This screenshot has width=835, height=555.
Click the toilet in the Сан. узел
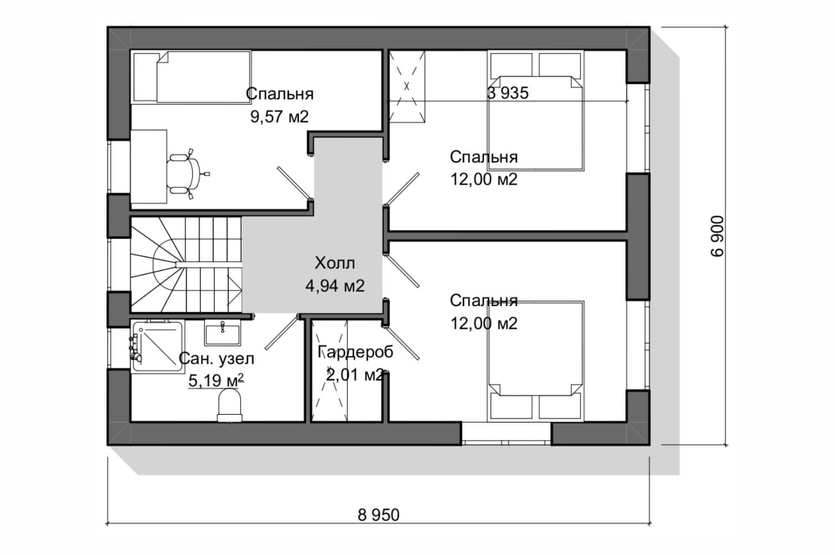(x=229, y=405)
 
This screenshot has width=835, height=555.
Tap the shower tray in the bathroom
(x=158, y=347)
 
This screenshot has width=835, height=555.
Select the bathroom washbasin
(x=222, y=333)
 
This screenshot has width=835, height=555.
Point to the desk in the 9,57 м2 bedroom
(x=149, y=167)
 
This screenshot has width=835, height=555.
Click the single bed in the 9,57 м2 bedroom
(x=192, y=77)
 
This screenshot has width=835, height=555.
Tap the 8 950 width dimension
(x=378, y=515)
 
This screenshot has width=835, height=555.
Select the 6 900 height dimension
(x=717, y=236)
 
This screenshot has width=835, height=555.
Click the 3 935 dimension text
(x=508, y=93)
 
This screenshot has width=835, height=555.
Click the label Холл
(x=335, y=263)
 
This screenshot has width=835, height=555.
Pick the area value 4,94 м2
(x=335, y=286)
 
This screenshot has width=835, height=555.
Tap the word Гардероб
(x=355, y=352)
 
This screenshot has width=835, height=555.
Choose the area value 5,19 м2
(x=216, y=380)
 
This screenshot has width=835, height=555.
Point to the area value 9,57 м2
(x=279, y=116)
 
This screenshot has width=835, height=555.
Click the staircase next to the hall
(x=186, y=264)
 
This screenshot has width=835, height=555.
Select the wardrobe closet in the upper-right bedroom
(x=407, y=86)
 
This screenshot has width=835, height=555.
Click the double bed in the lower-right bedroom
(x=535, y=361)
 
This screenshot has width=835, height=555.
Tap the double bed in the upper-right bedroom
(x=535, y=111)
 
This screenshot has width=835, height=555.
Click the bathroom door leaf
(x=282, y=333)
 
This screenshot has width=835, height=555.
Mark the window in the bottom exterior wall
(x=506, y=434)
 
